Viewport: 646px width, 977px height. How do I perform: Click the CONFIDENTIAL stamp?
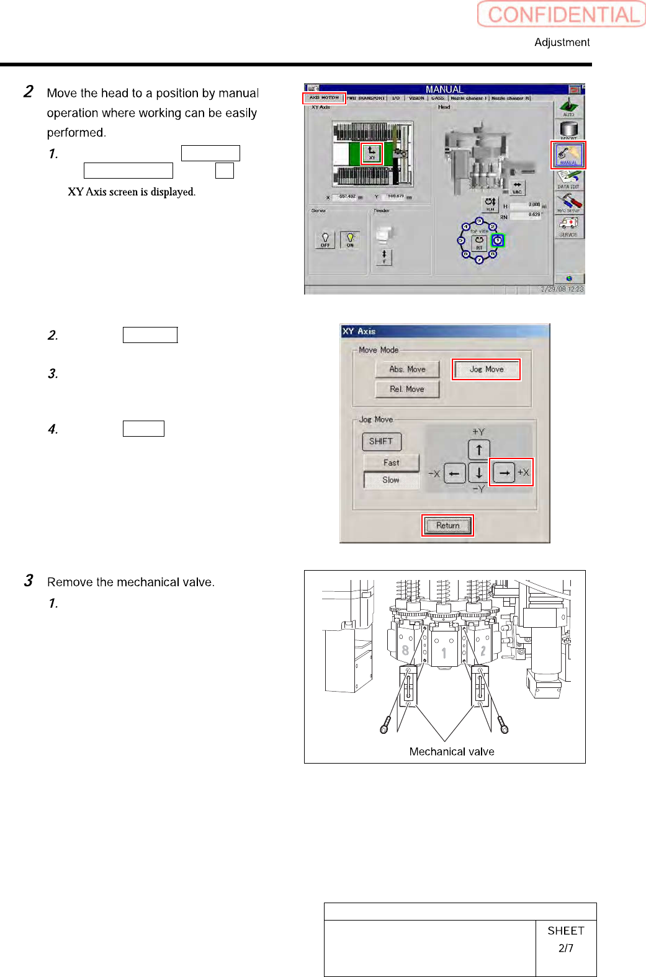click(x=562, y=14)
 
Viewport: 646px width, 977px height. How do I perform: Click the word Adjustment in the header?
click(x=562, y=42)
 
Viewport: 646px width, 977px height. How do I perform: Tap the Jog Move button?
click(x=486, y=369)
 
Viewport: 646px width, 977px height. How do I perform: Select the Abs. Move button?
click(x=407, y=369)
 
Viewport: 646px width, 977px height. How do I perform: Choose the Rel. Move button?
click(x=407, y=389)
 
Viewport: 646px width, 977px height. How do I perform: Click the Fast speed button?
click(x=391, y=463)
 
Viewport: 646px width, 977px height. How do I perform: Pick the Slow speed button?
click(x=391, y=480)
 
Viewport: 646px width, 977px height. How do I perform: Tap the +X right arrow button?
click(x=504, y=473)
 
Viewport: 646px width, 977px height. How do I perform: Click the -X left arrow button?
click(x=454, y=473)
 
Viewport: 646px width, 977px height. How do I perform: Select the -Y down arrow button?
click(x=479, y=473)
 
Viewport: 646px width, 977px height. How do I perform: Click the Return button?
click(x=447, y=525)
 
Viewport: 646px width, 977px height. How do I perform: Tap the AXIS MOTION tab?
click(x=324, y=98)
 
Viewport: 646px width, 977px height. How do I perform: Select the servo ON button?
click(x=350, y=240)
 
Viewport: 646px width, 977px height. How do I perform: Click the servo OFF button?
click(x=325, y=240)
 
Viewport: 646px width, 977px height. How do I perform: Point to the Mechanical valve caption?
click(x=452, y=752)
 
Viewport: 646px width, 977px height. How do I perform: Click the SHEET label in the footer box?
click(x=565, y=930)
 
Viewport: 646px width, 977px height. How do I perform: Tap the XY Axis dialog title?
click(x=359, y=331)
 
